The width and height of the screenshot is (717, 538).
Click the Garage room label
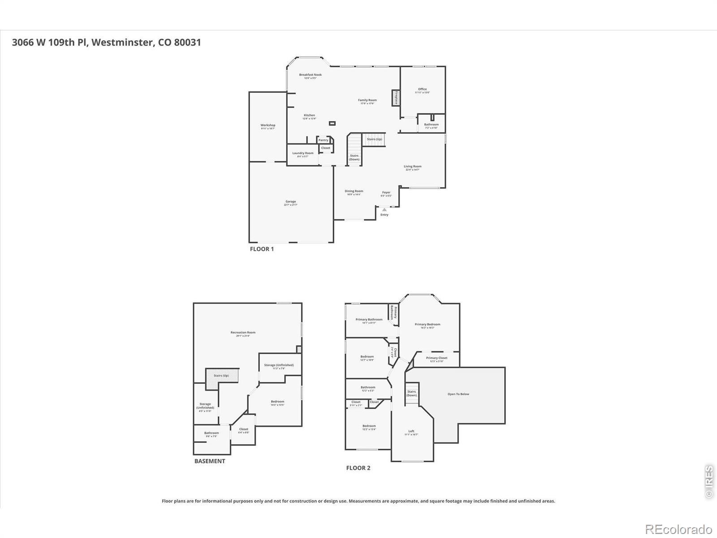(291, 202)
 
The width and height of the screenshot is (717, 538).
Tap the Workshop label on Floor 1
(268, 126)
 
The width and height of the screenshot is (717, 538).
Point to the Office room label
(422, 89)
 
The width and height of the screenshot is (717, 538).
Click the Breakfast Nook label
(310, 75)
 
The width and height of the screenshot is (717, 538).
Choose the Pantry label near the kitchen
(323, 140)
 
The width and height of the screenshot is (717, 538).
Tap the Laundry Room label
(303, 153)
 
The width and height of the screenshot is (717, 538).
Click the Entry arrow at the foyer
(384, 209)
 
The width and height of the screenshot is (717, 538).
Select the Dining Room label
(354, 191)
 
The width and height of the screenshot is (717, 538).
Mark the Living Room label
(412, 166)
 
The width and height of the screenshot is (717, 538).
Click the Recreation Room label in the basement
(243, 333)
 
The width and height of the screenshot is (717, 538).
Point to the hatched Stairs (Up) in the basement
(221, 376)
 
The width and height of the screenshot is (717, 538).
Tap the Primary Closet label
(436, 358)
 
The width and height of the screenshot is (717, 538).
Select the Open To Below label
(458, 394)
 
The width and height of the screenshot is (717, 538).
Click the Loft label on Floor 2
(411, 431)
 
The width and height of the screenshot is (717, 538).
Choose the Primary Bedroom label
(428, 325)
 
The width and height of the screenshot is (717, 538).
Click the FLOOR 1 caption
(262, 249)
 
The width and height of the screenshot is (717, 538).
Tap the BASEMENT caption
(210, 461)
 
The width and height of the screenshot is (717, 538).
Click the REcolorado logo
(679, 529)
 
